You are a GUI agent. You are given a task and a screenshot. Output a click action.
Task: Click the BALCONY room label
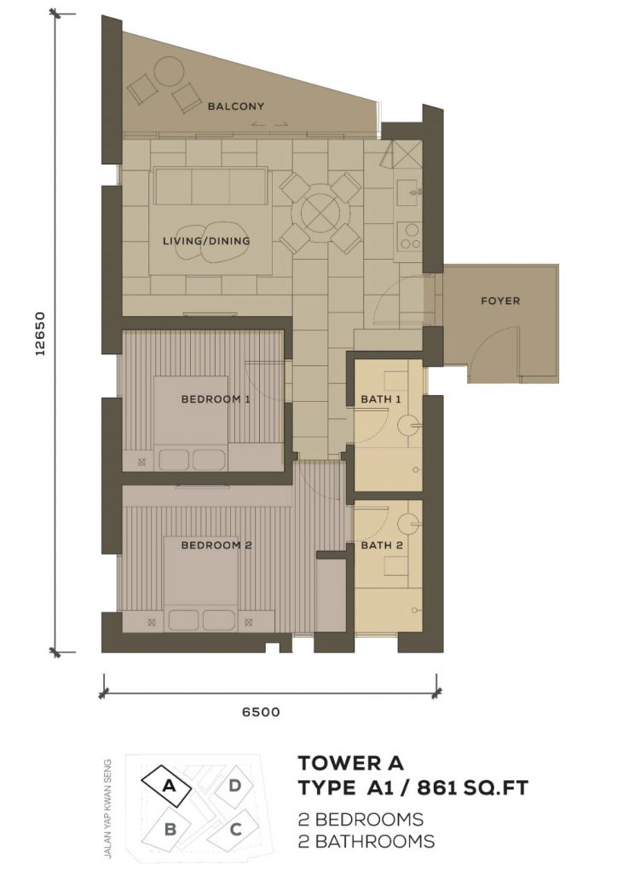point(236,106)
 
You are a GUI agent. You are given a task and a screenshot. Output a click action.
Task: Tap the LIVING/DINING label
point(206,241)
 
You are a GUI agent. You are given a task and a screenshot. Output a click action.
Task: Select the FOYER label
point(501,301)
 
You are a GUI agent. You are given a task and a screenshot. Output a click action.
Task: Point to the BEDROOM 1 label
point(216,399)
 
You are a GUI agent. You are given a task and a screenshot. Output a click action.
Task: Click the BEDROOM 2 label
point(217,546)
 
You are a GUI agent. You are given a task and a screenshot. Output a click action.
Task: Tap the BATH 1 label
point(381,399)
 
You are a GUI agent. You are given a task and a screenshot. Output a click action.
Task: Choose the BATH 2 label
point(382,546)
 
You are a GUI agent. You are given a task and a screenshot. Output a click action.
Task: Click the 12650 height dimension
point(39,333)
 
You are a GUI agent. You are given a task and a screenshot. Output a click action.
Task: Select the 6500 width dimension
point(261,712)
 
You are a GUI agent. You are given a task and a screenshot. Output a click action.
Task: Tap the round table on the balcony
point(169,72)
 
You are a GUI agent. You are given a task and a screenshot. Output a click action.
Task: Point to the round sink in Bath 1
point(409,427)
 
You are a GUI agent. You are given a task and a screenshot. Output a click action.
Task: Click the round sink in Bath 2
point(410,521)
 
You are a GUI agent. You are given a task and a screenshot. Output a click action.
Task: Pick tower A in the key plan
point(169,786)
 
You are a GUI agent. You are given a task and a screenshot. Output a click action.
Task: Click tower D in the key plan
point(234,785)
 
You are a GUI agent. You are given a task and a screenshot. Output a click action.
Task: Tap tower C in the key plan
point(234,829)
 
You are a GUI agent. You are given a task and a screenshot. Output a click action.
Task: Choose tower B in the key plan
point(170,829)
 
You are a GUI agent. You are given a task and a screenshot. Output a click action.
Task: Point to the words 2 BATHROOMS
point(366,841)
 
